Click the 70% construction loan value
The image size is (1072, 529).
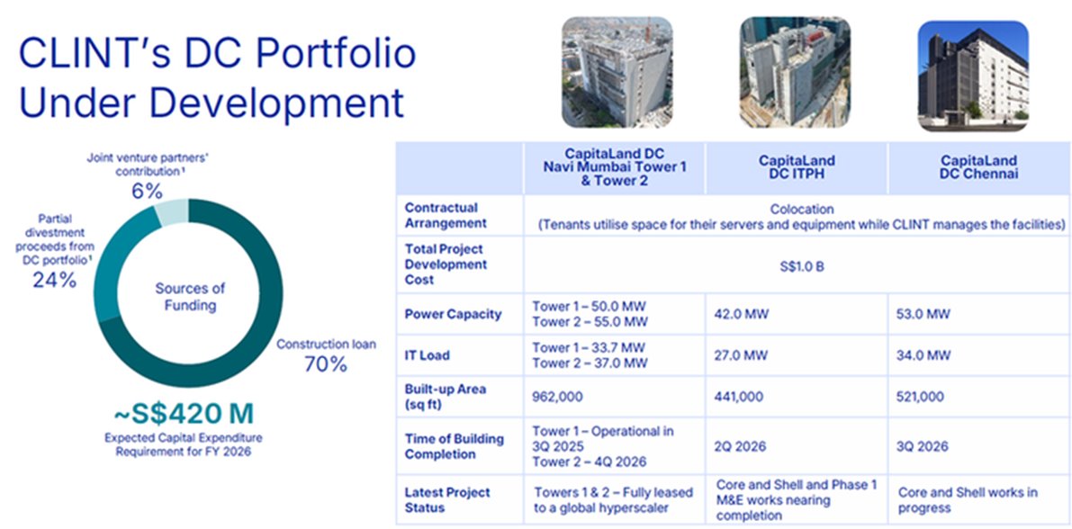point(325,363)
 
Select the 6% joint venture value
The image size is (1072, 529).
point(147,191)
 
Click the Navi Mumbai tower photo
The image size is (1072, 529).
point(617,71)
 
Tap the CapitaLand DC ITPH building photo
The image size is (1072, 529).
point(795,71)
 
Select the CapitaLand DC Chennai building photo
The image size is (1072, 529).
point(973,71)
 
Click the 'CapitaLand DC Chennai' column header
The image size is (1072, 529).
point(978,167)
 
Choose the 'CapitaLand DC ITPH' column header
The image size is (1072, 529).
point(796,167)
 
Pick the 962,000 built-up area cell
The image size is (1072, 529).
point(558,397)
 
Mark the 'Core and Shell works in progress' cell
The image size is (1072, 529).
point(968,499)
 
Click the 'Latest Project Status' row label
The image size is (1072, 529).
point(447,499)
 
